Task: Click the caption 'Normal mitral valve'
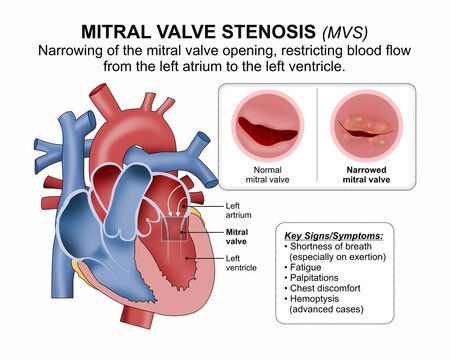(x=267, y=176)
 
